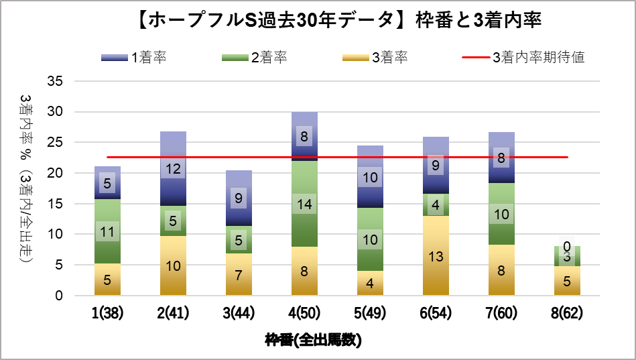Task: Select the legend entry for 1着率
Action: (133, 58)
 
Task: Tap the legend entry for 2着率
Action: (254, 58)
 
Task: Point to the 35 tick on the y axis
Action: (56, 81)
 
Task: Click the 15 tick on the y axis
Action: (56, 204)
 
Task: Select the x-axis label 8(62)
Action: (566, 314)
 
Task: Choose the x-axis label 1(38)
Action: (107, 314)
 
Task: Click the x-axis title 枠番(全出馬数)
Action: (313, 340)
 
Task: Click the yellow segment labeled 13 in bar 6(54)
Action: (435, 255)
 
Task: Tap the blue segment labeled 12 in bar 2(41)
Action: (172, 168)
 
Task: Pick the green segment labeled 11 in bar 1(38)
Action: (107, 231)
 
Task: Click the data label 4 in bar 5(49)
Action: (369, 283)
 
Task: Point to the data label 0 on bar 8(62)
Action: (566, 247)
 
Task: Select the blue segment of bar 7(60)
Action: (501, 158)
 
